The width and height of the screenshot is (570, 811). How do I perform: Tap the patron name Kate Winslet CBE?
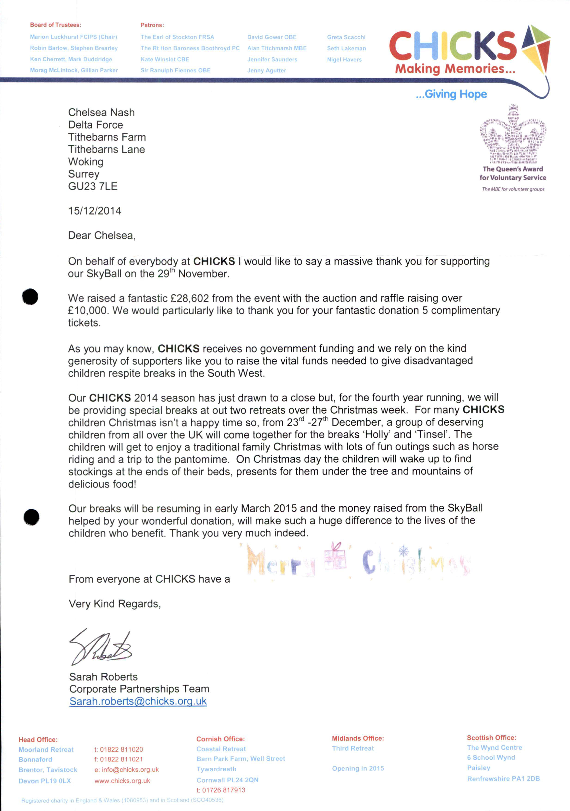click(165, 59)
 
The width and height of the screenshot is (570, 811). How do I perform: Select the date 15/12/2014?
click(95, 211)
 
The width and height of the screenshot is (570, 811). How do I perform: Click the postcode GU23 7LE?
click(93, 186)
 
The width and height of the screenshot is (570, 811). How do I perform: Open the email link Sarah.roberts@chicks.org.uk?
click(138, 701)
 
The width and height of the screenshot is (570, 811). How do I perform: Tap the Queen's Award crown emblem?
click(513, 134)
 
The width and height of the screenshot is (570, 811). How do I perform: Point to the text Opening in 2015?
click(358, 769)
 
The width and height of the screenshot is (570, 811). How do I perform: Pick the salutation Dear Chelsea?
click(102, 236)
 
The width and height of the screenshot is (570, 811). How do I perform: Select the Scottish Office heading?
click(491, 737)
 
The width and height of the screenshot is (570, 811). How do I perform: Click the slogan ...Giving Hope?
click(451, 94)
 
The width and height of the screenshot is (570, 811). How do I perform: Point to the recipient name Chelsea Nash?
click(101, 113)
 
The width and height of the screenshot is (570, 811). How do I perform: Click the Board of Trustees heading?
click(55, 25)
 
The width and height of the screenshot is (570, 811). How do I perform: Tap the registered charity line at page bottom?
click(122, 800)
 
